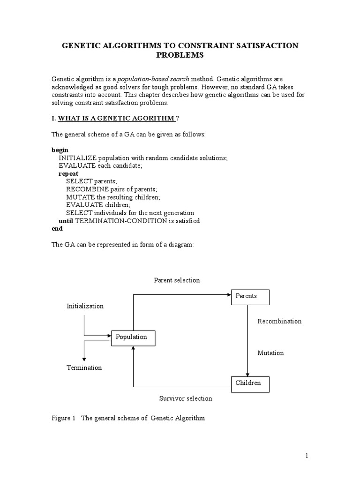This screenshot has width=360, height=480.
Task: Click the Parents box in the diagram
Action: click(251, 297)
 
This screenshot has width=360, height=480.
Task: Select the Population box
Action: click(133, 337)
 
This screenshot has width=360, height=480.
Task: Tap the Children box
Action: click(251, 384)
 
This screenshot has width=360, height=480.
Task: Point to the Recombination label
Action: click(279, 322)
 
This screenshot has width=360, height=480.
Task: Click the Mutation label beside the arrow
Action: click(270, 353)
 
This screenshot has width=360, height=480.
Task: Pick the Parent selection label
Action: click(177, 280)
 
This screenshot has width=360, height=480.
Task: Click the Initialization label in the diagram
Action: click(85, 306)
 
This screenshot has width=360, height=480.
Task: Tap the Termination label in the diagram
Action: click(84, 368)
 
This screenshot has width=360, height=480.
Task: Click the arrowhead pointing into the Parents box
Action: click(229, 295)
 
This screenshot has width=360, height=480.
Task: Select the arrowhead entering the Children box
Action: click(247, 374)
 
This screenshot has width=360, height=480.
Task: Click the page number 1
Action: click(307, 456)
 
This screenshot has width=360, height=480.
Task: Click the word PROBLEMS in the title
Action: click(180, 55)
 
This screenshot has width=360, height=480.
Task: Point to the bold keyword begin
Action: click(60, 150)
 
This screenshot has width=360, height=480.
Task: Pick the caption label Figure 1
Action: click(63, 418)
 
